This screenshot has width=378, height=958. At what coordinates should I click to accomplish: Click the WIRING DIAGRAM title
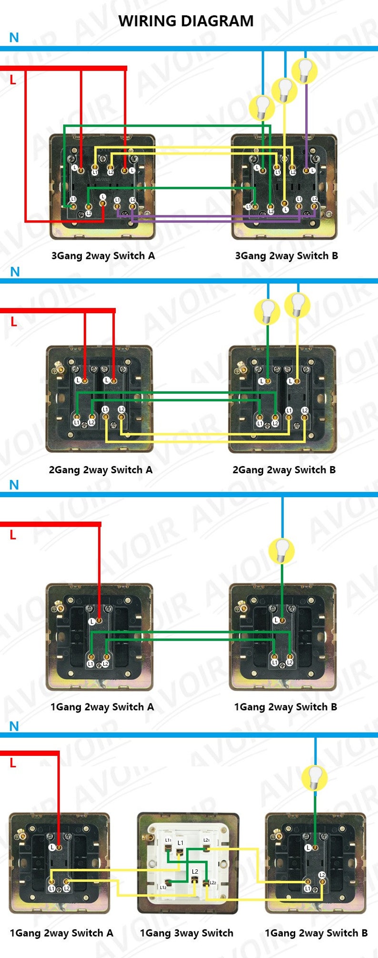pyautogui.click(x=186, y=21)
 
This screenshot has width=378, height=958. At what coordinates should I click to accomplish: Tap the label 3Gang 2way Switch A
pyautogui.click(x=103, y=255)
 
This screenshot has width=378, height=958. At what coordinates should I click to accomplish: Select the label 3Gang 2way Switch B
pyautogui.click(x=287, y=255)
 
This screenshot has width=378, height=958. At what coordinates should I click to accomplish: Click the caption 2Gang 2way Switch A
pyautogui.click(x=101, y=469)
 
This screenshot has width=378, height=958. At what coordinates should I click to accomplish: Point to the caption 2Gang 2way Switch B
pyautogui.click(x=284, y=469)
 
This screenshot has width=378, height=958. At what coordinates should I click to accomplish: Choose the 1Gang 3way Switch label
pyautogui.click(x=187, y=933)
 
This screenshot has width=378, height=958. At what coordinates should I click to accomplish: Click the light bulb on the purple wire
pyautogui.click(x=305, y=71)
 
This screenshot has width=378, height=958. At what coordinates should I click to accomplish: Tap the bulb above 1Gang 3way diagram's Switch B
pyautogui.click(x=315, y=777)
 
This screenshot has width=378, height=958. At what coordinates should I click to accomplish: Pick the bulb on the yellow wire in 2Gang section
pyautogui.click(x=298, y=305)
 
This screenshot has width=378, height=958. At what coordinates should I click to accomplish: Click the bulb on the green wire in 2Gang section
pyautogui.click(x=268, y=311)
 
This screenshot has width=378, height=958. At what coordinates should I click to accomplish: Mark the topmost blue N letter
pyautogui.click(x=14, y=38)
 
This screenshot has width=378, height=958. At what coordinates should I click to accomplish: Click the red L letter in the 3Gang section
pyautogui.click(x=13, y=80)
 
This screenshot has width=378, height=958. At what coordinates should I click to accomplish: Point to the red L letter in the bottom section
pyautogui.click(x=13, y=763)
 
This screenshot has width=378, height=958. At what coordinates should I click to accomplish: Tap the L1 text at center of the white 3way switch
pyautogui.click(x=180, y=843)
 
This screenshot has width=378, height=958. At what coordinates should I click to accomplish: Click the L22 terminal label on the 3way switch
pyautogui.click(x=212, y=883)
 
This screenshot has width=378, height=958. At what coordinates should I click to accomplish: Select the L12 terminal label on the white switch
pyautogui.click(x=163, y=887)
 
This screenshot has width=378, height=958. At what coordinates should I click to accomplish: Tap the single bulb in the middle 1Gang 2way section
pyautogui.click(x=282, y=550)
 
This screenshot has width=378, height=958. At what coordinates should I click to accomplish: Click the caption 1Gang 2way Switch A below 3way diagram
pyautogui.click(x=62, y=933)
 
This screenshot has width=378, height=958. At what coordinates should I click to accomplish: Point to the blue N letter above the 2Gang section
pyautogui.click(x=15, y=272)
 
